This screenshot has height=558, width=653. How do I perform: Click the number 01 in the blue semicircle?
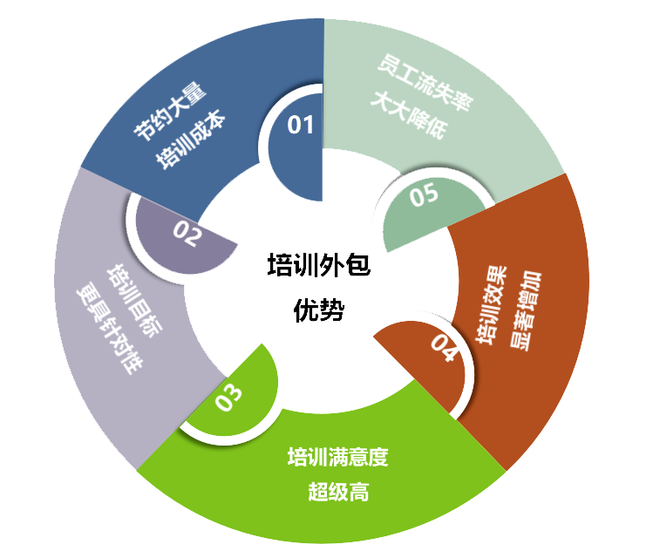[x=300, y=126]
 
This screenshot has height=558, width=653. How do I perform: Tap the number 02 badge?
[x=187, y=232]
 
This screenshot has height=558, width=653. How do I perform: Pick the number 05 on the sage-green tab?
[x=424, y=195]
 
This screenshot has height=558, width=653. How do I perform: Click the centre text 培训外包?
[x=318, y=266]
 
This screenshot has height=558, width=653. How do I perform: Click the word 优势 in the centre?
[x=318, y=310]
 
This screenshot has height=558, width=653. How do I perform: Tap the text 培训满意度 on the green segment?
[x=337, y=456]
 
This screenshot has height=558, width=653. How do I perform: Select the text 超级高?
[x=337, y=492]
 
